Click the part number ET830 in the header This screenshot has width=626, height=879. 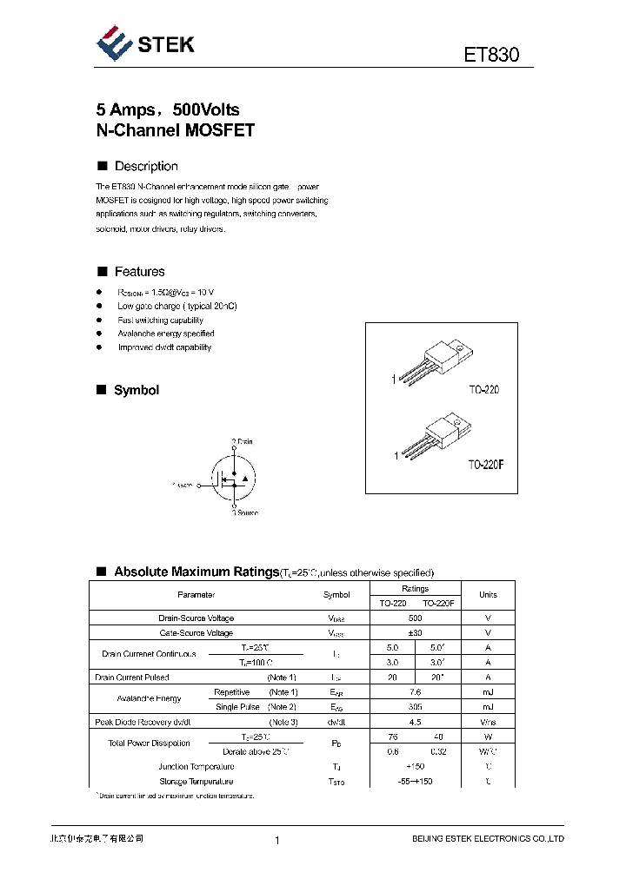pyautogui.click(x=491, y=55)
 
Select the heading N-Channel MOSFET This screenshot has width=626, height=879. pyautogui.click(x=175, y=131)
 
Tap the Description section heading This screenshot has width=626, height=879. pyautogui.click(x=146, y=166)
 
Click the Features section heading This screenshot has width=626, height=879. pyautogui.click(x=139, y=272)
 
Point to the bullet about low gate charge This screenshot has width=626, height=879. pyautogui.click(x=177, y=307)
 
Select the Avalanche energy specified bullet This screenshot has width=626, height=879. pyautogui.click(x=166, y=334)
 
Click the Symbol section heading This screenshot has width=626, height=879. pyautogui.click(x=137, y=391)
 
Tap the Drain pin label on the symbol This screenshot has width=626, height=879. pyautogui.click(x=243, y=441)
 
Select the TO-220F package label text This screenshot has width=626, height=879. pyautogui.click(x=486, y=465)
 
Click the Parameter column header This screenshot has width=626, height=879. pyautogui.click(x=196, y=595)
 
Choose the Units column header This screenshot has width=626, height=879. pyautogui.click(x=488, y=595)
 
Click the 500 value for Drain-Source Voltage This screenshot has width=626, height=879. pyautogui.click(x=415, y=618)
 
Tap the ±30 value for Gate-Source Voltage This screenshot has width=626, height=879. pyautogui.click(x=415, y=633)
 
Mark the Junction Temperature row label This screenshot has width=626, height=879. pyautogui.click(x=196, y=767)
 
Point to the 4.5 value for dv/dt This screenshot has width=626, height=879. pyautogui.click(x=415, y=722)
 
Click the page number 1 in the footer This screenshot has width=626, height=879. pyautogui.click(x=276, y=840)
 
